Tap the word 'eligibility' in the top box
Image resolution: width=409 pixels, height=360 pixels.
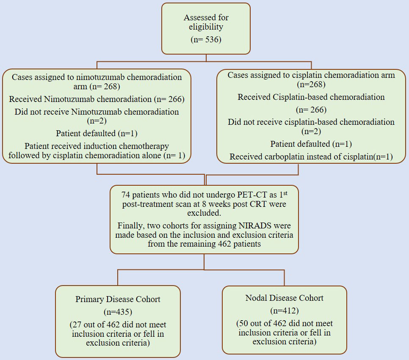point(206,27)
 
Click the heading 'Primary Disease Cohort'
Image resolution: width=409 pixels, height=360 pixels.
point(118,299)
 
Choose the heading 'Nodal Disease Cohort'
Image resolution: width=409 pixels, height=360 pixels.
point(284,298)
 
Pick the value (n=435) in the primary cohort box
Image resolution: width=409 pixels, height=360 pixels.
point(118,312)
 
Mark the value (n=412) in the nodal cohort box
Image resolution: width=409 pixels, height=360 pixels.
point(284,311)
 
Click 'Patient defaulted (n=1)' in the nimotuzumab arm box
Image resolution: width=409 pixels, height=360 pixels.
point(97,133)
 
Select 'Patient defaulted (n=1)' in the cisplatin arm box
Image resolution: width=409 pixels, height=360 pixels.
point(311,144)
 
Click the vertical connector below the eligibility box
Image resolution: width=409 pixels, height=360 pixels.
point(206,58)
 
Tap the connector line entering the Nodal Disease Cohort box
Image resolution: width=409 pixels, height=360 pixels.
point(284,278)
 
